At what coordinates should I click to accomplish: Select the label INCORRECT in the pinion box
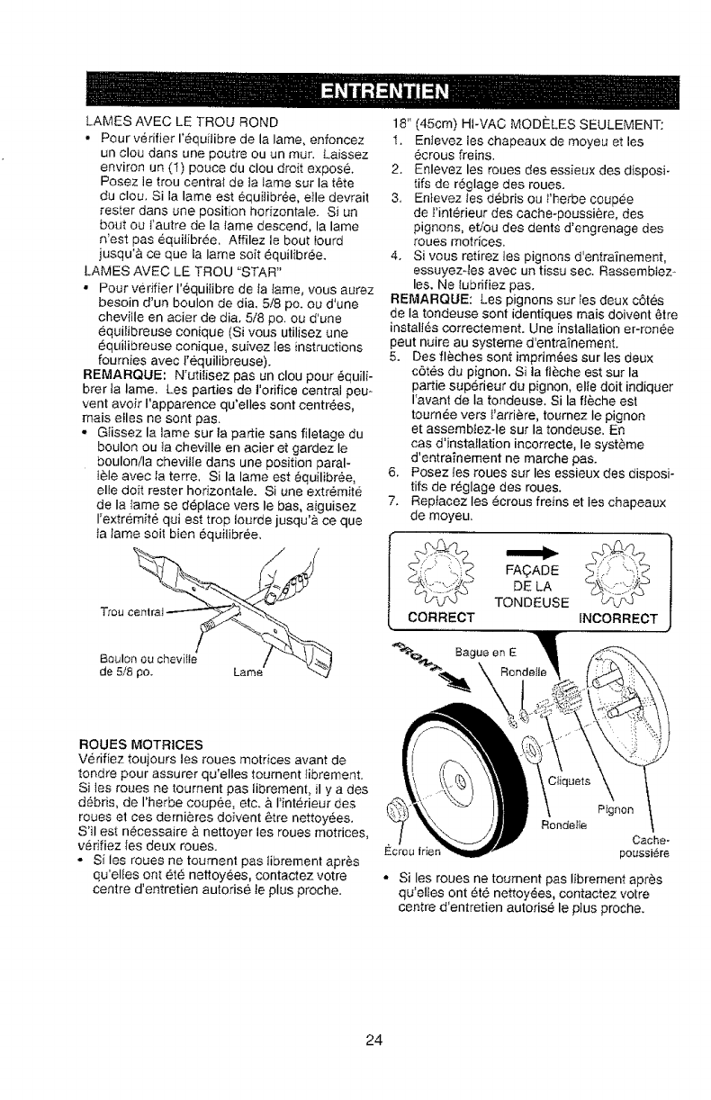pos(616,618)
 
